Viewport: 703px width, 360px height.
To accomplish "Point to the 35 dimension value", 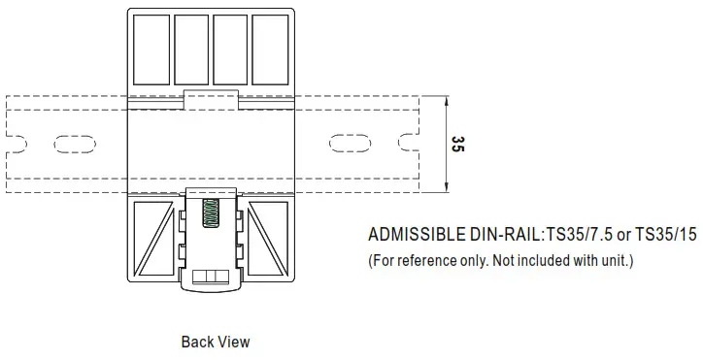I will point(458,145).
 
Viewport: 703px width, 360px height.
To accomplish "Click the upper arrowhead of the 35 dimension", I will point(445,100).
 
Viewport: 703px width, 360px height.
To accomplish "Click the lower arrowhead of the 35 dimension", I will point(445,188).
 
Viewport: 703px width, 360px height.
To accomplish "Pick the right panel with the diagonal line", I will point(268,238).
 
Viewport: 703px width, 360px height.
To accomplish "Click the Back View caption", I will point(215,342).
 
